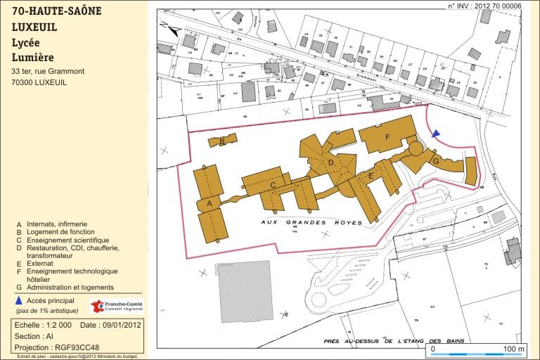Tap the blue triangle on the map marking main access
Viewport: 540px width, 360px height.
click(x=436, y=133)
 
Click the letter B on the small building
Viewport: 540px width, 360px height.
click(x=222, y=141)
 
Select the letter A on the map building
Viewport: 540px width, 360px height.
click(x=209, y=204)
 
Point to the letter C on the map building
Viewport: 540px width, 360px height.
click(x=272, y=185)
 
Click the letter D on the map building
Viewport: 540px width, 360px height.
click(x=330, y=163)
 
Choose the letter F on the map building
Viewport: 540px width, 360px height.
click(x=387, y=137)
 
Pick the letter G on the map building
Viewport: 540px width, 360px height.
click(x=436, y=162)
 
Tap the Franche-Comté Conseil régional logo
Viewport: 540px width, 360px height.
click(x=117, y=306)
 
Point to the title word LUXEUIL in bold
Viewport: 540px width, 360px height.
click(x=34, y=27)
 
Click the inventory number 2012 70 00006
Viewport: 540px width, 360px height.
click(x=492, y=6)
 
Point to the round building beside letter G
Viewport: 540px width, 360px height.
click(x=416, y=149)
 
